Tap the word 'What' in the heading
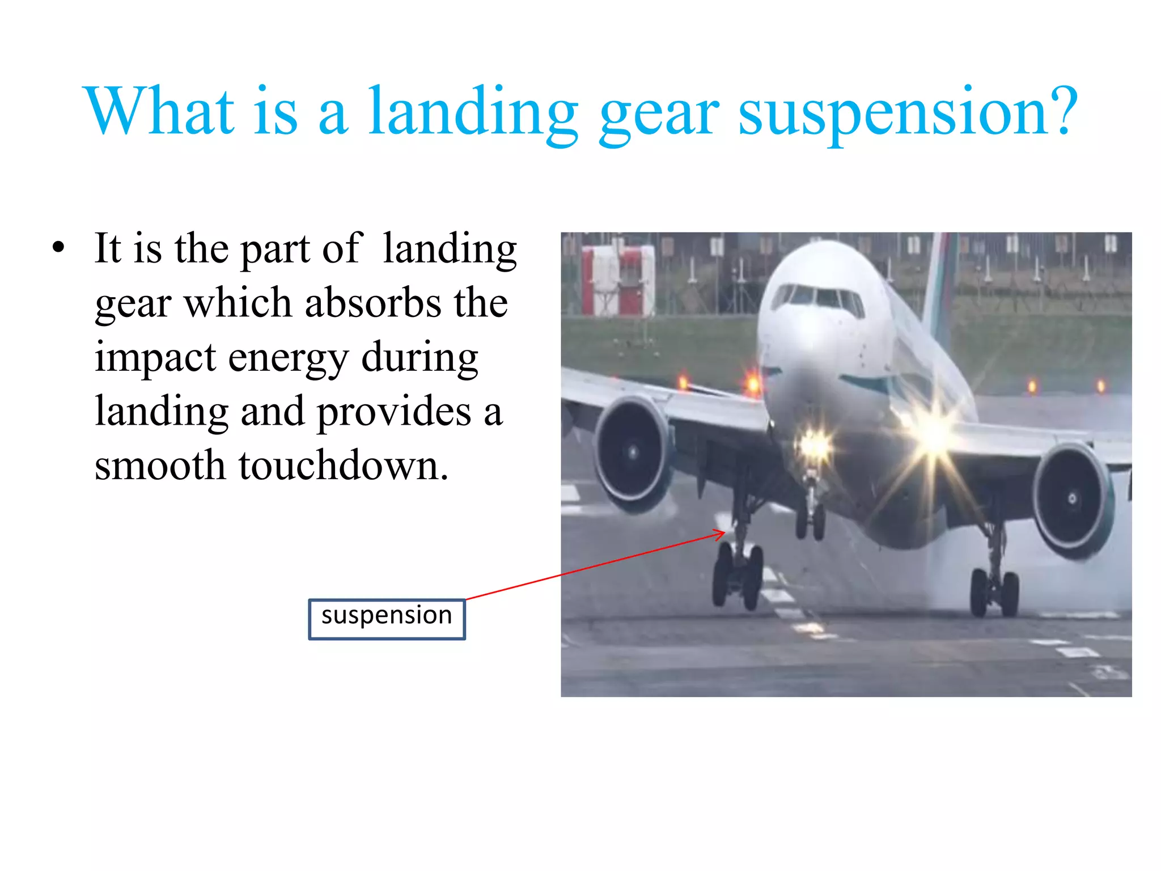159,112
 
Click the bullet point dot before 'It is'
58,248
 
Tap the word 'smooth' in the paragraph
160,466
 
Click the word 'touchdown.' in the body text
344,466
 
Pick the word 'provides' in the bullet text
394,413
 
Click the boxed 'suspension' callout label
387,619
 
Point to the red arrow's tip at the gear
724,532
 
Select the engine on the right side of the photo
1071,500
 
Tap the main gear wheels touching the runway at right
995,592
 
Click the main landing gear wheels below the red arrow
737,576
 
